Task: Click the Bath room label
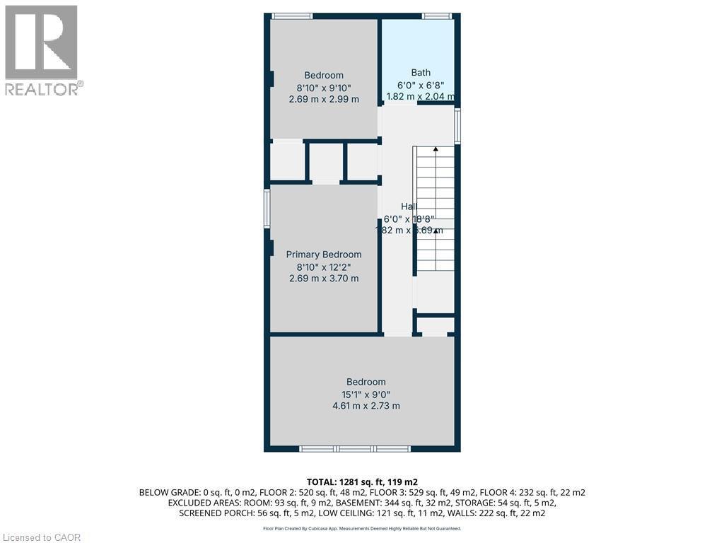click(x=421, y=72)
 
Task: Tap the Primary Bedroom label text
click(x=323, y=255)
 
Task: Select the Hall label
click(x=409, y=206)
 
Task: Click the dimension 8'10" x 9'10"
click(x=324, y=88)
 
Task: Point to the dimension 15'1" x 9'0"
click(x=366, y=394)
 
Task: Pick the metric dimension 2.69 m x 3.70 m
click(x=323, y=279)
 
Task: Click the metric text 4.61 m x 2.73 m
click(x=366, y=406)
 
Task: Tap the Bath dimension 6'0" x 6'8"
click(x=421, y=84)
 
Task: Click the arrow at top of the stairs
click(x=436, y=149)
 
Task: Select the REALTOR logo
click(x=42, y=50)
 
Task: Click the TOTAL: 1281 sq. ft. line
click(x=362, y=481)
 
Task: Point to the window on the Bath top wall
click(x=436, y=16)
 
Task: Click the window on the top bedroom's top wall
click(x=292, y=16)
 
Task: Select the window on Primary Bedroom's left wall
click(x=267, y=209)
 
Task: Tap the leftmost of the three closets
click(x=287, y=162)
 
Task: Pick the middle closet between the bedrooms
click(x=326, y=162)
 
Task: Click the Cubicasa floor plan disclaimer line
click(x=361, y=528)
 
